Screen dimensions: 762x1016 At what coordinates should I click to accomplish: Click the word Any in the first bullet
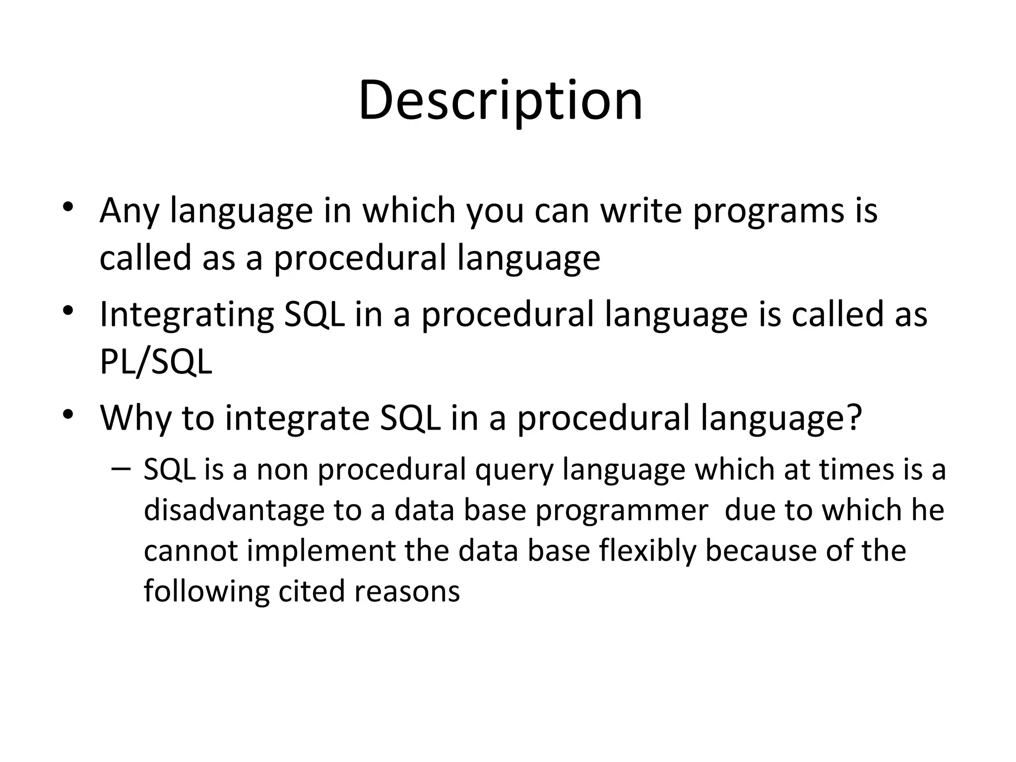[129, 211]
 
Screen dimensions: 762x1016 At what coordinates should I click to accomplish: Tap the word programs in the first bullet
[767, 211]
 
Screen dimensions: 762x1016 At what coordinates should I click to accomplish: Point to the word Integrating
[186, 315]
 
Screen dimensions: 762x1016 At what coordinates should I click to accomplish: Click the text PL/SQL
[156, 361]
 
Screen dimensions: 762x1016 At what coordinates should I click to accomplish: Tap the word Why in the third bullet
[135, 418]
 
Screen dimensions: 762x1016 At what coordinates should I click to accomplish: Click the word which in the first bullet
[409, 210]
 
